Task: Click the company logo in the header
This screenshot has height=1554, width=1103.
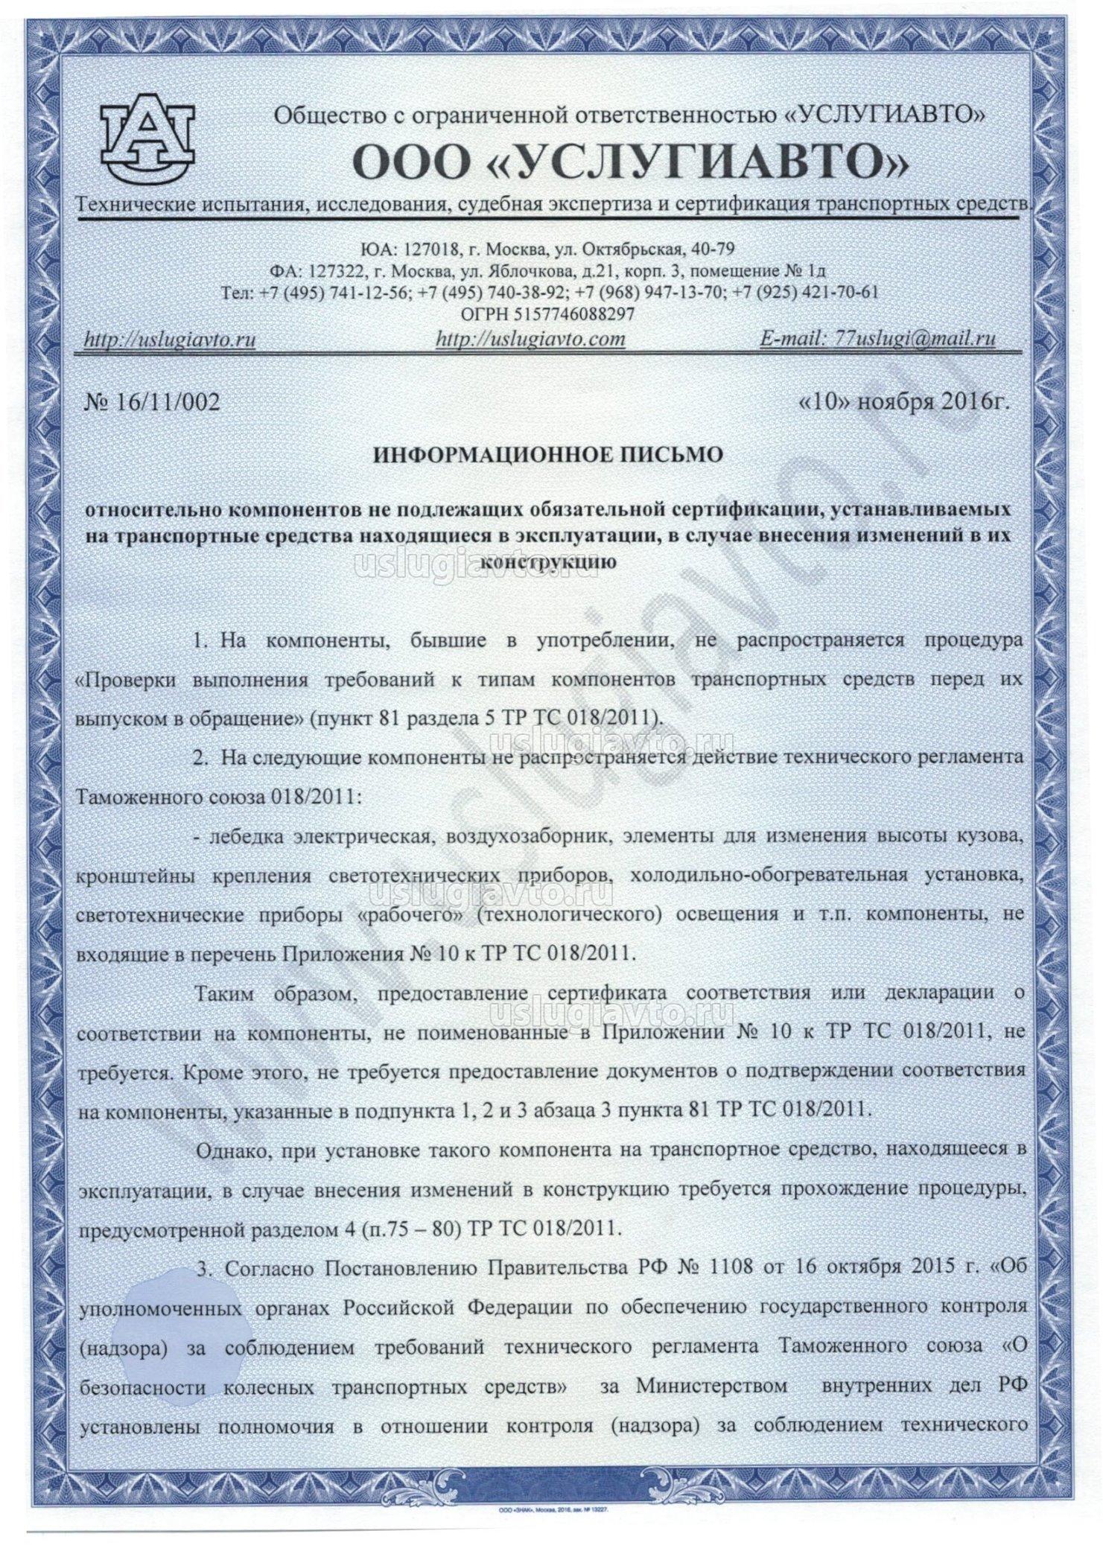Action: pyautogui.click(x=147, y=136)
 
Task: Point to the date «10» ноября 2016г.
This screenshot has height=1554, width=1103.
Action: pyautogui.click(x=903, y=402)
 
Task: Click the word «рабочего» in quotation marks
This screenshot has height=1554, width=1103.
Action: pyautogui.click(x=410, y=913)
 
